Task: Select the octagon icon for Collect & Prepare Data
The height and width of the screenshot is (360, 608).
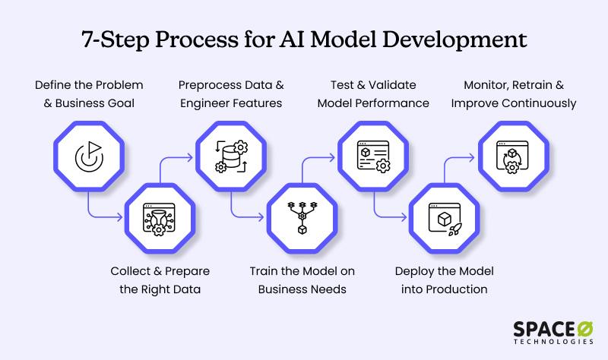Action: click(160, 219)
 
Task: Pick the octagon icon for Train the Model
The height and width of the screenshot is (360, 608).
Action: click(302, 219)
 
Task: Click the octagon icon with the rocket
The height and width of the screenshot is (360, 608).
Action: click(445, 219)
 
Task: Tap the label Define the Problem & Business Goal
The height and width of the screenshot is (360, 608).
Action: click(89, 93)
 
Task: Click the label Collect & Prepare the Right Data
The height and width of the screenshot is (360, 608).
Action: click(160, 280)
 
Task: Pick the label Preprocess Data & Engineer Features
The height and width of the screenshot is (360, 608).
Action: click(231, 93)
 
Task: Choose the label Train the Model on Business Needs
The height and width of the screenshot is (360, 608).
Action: click(302, 280)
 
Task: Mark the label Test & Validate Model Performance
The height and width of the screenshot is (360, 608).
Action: click(374, 93)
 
